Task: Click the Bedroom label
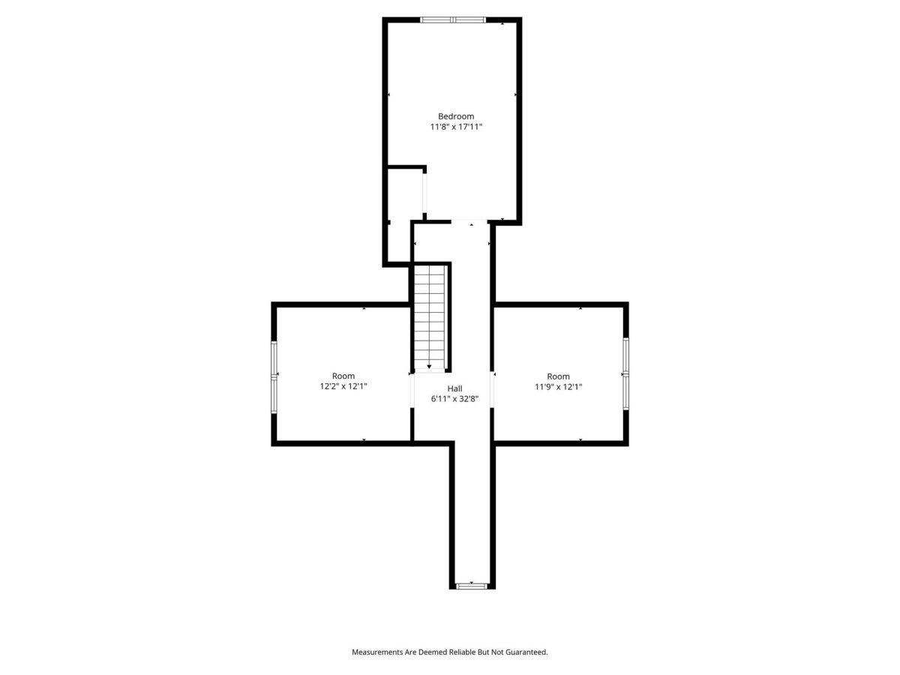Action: [455, 116]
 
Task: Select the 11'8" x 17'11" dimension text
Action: [455, 127]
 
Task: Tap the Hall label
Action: [454, 388]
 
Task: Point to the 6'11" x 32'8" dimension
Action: [454, 399]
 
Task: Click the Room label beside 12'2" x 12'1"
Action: [343, 376]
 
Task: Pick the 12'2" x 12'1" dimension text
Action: [343, 386]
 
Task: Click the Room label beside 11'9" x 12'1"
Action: [558, 376]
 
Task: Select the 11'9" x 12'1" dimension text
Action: [558, 386]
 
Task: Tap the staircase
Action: [429, 317]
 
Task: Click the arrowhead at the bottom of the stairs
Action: [429, 367]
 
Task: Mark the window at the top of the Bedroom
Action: [453, 19]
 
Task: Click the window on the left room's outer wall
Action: [274, 377]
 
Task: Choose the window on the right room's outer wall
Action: [625, 373]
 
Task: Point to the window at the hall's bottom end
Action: [472, 586]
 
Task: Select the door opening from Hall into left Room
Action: [412, 391]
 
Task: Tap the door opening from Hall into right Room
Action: [493, 389]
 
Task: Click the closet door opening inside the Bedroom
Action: [424, 193]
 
